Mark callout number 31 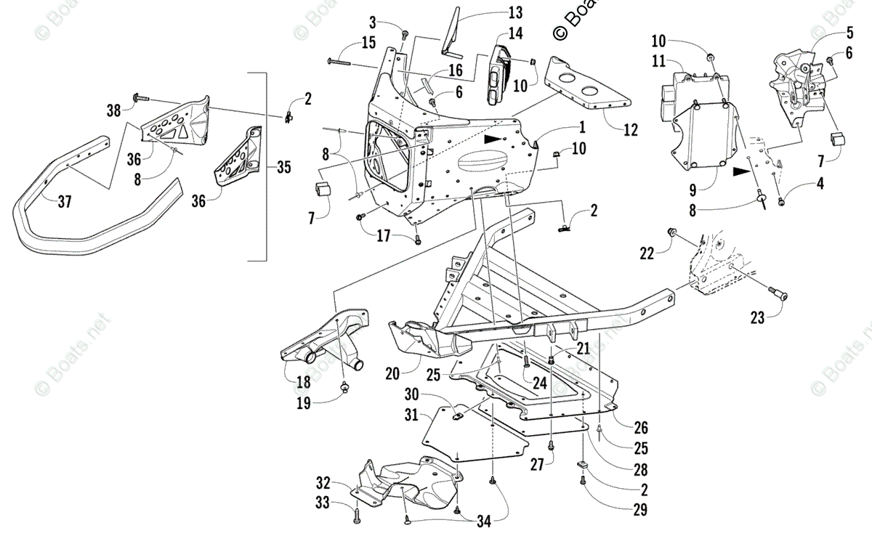click(x=411, y=415)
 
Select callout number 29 click(x=639, y=509)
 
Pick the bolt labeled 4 click(x=781, y=200)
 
